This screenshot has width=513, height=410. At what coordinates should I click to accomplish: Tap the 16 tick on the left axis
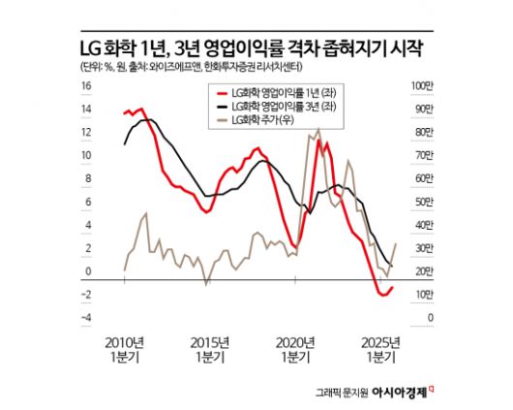click(85, 85)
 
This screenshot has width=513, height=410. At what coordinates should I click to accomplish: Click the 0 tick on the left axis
click(87, 271)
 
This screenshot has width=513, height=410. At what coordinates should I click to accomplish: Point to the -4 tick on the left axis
click(85, 318)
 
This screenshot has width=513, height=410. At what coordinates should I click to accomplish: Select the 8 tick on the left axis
click(87, 178)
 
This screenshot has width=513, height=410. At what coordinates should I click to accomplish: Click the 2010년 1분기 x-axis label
click(126, 349)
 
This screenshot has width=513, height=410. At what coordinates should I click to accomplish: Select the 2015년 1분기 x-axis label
click(210, 349)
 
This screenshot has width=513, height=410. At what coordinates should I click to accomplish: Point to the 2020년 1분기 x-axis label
click(295, 349)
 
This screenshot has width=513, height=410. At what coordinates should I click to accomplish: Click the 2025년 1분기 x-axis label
click(379, 349)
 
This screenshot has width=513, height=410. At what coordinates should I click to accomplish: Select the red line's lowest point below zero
click(378, 294)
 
